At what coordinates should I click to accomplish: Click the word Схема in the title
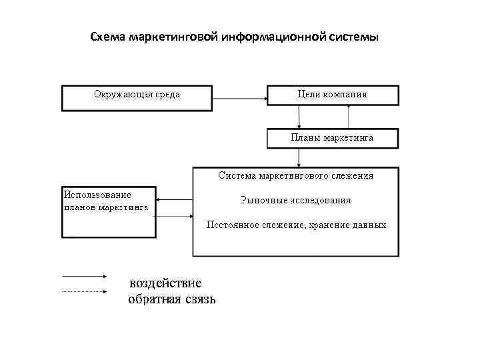[106, 37]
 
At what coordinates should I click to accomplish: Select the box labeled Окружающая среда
[137, 97]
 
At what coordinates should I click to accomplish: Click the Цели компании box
[333, 95]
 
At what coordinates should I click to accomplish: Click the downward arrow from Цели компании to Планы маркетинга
[299, 117]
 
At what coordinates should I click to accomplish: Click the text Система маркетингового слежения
[296, 176]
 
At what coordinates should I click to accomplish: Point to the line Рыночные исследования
[295, 200]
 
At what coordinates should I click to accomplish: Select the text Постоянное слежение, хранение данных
[295, 225]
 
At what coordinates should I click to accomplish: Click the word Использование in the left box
[97, 195]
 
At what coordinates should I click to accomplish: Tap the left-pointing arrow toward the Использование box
[174, 199]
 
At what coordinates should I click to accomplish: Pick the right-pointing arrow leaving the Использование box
[174, 215]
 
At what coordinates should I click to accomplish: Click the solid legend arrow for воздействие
[85, 275]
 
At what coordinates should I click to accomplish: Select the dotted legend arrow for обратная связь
[85, 291]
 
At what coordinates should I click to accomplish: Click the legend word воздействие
[165, 283]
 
